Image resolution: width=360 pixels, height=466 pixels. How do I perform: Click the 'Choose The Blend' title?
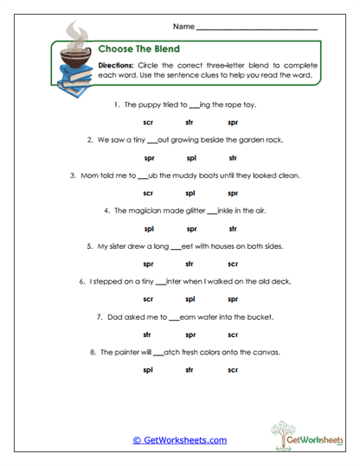tap(133, 49)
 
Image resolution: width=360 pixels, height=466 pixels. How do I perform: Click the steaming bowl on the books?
tap(74, 61)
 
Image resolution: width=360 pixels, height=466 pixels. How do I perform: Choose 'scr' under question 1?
tap(149, 123)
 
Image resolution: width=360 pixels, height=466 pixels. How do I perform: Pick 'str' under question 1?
tap(189, 123)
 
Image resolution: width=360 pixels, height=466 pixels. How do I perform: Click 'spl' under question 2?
tap(190, 158)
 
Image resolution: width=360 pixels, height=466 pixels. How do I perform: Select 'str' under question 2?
tap(232, 158)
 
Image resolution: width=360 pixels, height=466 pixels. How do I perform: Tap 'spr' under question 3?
tap(232, 194)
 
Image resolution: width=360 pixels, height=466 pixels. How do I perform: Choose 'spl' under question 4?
tap(149, 229)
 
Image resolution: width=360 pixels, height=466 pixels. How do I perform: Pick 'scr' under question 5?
tap(232, 265)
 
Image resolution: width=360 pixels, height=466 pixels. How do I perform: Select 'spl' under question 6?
tap(232, 299)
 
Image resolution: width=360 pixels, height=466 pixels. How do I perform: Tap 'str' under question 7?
tap(149, 335)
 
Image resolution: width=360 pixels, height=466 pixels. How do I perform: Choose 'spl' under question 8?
tap(149, 370)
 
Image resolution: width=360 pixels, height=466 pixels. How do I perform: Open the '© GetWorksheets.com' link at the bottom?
tap(179, 439)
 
